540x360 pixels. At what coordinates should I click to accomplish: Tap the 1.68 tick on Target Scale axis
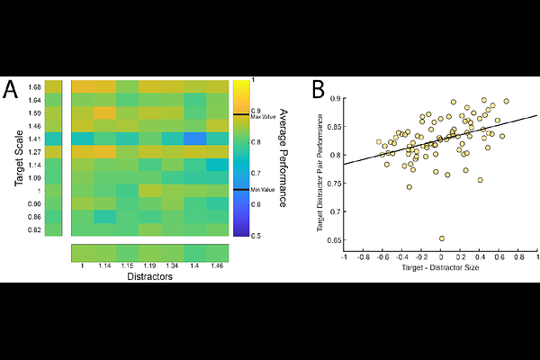click(34, 86)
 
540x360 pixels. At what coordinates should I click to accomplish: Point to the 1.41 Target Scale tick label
click(34, 139)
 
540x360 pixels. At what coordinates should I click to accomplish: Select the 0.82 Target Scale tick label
click(34, 231)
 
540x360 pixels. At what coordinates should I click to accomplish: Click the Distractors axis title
click(149, 278)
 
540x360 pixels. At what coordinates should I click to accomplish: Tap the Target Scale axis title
click(18, 158)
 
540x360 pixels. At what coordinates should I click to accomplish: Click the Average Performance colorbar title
click(281, 158)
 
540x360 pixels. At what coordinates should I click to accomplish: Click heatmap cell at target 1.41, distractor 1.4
click(194, 139)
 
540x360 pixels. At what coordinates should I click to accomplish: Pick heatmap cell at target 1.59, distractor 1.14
click(105, 112)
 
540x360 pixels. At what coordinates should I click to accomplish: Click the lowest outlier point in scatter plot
click(442, 238)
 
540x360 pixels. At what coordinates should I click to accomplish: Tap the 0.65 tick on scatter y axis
click(334, 240)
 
